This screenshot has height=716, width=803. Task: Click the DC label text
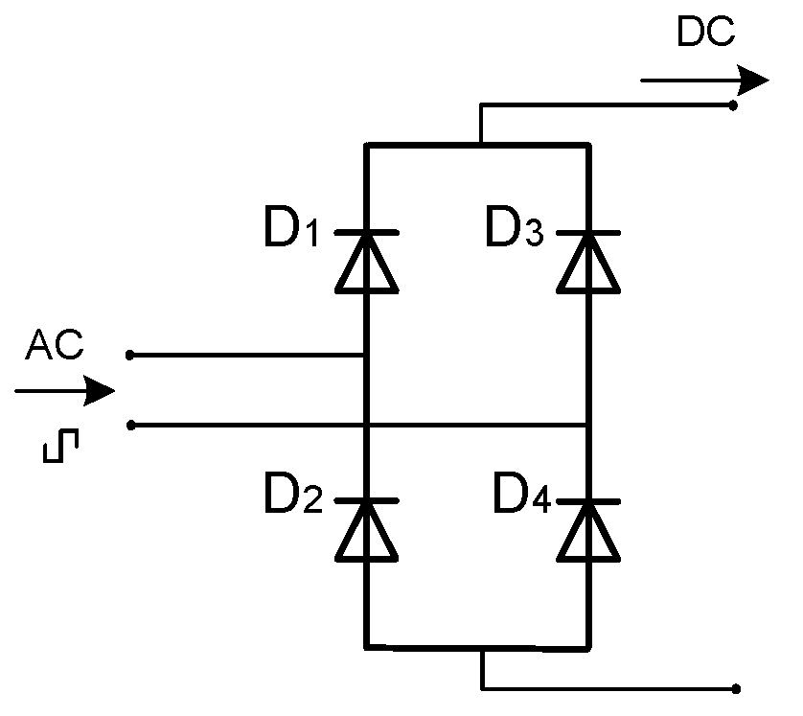coord(705,33)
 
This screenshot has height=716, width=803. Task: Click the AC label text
coord(56,345)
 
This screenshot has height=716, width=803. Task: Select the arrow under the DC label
coord(704,80)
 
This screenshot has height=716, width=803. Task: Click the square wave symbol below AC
coord(63,446)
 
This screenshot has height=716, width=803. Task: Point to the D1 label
coord(291,231)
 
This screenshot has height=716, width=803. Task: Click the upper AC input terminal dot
coord(130,355)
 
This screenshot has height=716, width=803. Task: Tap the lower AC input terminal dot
coord(130,425)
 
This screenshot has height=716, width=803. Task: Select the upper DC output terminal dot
coord(734,104)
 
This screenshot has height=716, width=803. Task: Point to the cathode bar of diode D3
coord(588,233)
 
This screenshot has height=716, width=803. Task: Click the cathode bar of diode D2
coord(367,501)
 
